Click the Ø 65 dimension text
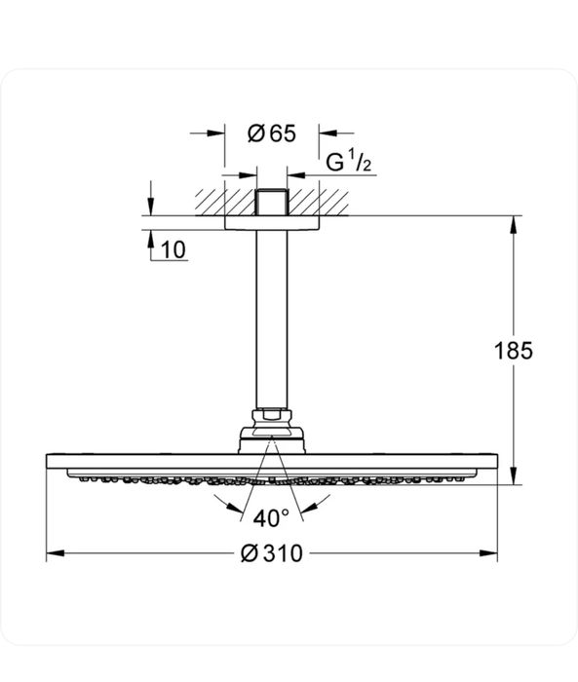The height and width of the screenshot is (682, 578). tap(272, 135)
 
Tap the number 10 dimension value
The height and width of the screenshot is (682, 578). tap(173, 249)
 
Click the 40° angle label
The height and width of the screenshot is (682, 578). tap(272, 517)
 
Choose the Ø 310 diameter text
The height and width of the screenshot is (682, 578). tap(272, 554)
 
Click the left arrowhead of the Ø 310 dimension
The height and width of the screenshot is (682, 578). tap(55, 553)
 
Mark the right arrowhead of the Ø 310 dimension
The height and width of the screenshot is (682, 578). tap(490, 553)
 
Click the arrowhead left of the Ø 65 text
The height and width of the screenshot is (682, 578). tap(216, 135)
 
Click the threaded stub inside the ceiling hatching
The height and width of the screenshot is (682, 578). tap(273, 203)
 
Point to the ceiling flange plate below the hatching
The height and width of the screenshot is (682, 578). tap(273, 222)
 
